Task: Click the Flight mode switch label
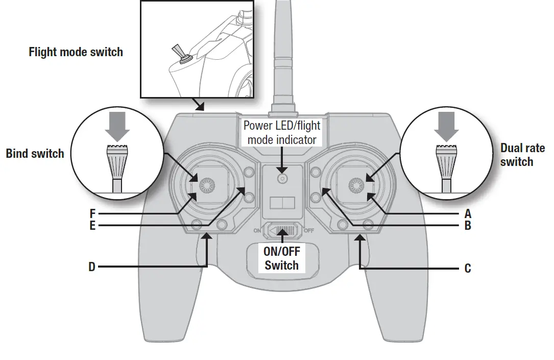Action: [x=76, y=52]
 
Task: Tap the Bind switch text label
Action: [x=35, y=154]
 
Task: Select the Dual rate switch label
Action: [x=516, y=155]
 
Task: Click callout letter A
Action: [x=468, y=213]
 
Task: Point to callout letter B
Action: [x=468, y=226]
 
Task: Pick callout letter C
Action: [x=468, y=268]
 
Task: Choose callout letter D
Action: [x=92, y=267]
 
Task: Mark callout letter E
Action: [x=92, y=226]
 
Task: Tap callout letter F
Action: [x=92, y=213]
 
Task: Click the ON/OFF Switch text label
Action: [x=281, y=258]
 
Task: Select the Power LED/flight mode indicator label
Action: [x=281, y=132]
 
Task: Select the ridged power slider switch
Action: [x=282, y=230]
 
